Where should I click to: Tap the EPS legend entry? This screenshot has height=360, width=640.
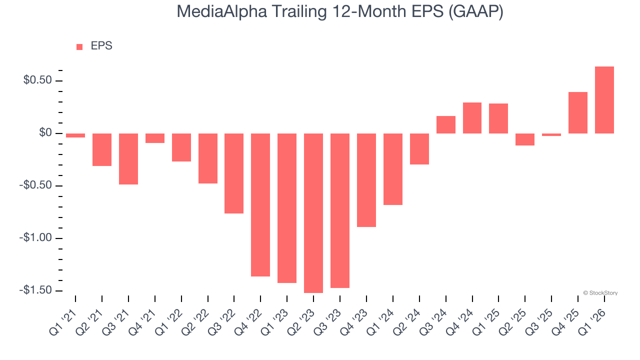point(94,46)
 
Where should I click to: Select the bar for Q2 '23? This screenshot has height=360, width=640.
point(313,213)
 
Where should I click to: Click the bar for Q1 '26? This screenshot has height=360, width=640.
point(604,100)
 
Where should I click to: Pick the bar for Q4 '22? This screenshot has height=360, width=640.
point(260,205)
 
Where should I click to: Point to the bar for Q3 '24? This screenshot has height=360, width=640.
point(446,125)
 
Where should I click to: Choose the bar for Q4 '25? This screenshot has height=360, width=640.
point(578,113)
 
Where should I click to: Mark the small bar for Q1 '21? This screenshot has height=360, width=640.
point(75,135)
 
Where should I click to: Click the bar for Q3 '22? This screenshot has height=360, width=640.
point(234,173)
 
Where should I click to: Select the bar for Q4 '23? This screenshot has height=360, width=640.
point(366,180)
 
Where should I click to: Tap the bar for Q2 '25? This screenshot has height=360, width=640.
point(525,139)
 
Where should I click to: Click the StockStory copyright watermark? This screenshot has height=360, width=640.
point(600,293)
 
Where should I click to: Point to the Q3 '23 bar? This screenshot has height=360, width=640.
point(340,210)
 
